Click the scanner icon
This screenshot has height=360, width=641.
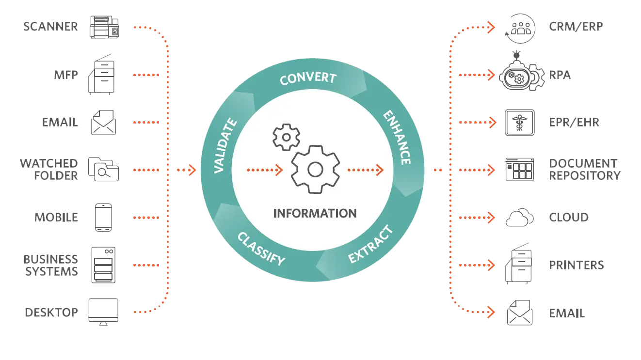coord(104,27)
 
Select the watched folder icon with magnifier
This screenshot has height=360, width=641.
coord(103,169)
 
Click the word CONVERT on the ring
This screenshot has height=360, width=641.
coord(308,78)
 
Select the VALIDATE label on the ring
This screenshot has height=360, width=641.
coord(225,146)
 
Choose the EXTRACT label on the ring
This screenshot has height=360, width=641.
coord(371,245)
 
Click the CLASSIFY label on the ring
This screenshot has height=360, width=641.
coord(261,248)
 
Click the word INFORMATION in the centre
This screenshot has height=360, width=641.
coord(315,213)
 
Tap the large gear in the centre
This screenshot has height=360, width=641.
coord(315,170)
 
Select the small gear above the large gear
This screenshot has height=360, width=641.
coord(286,137)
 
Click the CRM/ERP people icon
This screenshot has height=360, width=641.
coord(520,27)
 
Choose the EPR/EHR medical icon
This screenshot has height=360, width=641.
coord(519,122)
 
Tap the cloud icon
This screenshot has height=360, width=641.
coord(519,218)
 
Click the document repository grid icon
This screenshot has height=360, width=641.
coord(519,170)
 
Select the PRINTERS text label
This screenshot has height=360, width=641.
coord(576,266)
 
